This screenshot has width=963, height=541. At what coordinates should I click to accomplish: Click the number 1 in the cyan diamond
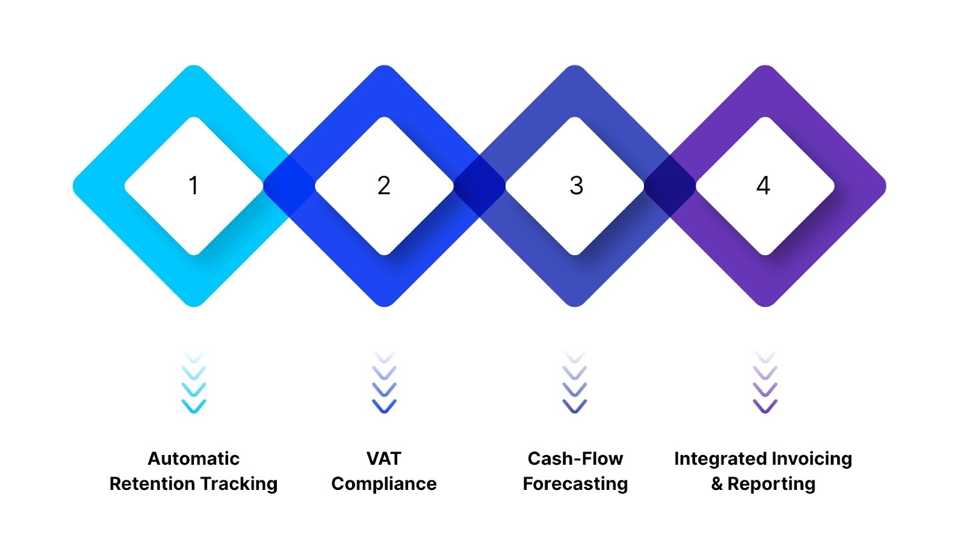(193, 186)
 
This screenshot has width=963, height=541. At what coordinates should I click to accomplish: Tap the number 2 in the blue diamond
(384, 186)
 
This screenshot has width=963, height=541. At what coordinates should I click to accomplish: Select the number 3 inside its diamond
(576, 186)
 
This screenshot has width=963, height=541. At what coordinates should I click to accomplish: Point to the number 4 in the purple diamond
(763, 186)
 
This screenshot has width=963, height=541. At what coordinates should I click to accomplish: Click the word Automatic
(193, 459)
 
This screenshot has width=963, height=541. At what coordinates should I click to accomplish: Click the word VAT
(384, 459)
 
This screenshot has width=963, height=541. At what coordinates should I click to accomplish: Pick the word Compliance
(384, 484)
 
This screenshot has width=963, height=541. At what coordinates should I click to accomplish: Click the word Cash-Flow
(575, 459)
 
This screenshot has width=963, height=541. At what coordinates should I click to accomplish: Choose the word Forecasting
(575, 484)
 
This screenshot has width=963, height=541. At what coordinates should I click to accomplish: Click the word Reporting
(772, 484)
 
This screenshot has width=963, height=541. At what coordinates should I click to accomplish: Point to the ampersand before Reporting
(717, 484)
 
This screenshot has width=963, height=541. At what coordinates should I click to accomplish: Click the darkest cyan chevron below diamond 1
(194, 406)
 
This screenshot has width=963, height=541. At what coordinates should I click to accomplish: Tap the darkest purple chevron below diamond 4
(765, 406)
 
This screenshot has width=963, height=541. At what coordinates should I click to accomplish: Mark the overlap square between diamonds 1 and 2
(289, 186)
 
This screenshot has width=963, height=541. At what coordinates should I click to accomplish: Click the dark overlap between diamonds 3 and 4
(670, 186)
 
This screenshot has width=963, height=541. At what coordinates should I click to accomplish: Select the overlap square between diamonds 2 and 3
(480, 186)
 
